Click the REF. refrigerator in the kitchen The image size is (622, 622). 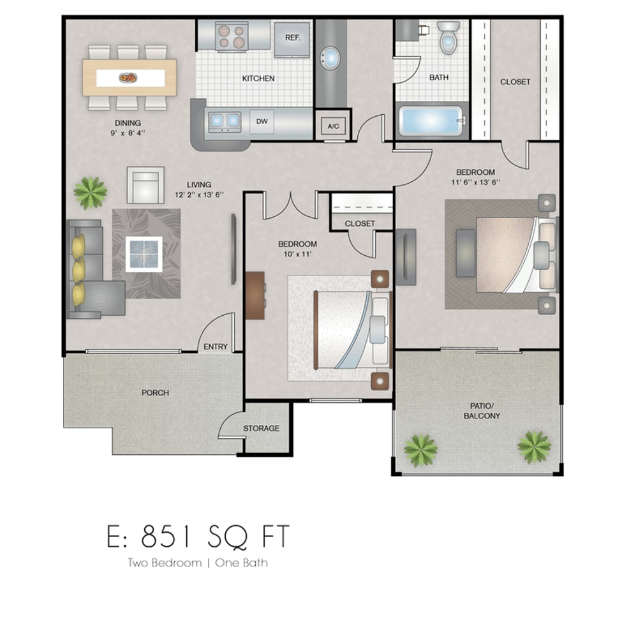point(292,37)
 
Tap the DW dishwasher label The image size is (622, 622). point(262,121)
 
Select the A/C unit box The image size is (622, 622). point(333,126)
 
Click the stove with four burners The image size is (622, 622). point(232,36)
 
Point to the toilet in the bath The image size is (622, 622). point(450,38)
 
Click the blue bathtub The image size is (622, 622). point(430,121)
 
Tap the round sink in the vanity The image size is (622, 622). point(330,58)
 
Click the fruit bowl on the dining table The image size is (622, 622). point(128,78)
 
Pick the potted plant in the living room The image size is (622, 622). point(90,191)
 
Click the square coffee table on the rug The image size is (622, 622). point(144,254)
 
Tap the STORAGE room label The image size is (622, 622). point(261,428)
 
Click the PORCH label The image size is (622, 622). point(155,393)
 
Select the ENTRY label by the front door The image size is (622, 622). point(216,346)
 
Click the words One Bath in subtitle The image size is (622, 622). point(242,563)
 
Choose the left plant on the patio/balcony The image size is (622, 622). point(420,450)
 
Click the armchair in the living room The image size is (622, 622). point(145,185)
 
